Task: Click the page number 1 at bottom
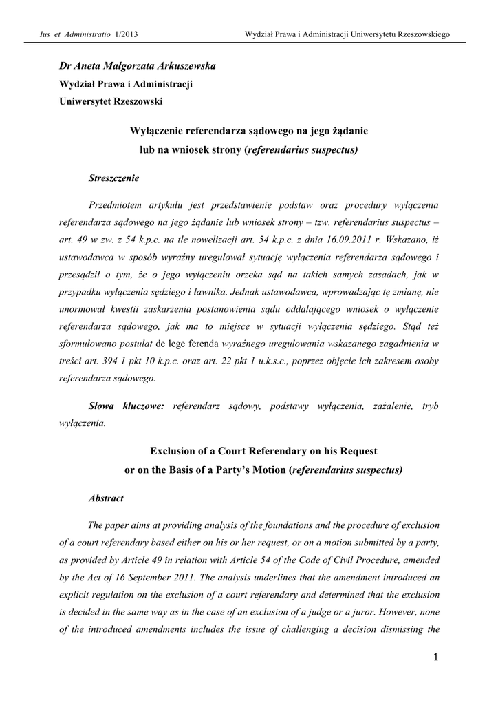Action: click(x=435, y=658)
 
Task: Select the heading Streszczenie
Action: click(x=114, y=178)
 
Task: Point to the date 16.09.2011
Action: click(x=347, y=240)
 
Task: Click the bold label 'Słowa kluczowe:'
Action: click(x=127, y=407)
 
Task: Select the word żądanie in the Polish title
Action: click(x=352, y=131)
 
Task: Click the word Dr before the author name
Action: click(x=66, y=66)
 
